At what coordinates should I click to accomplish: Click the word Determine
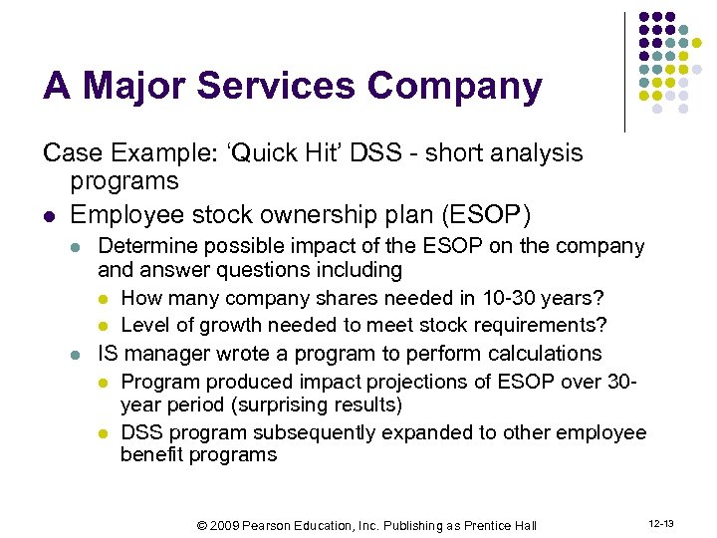[145, 246]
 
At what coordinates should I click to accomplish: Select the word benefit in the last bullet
[151, 455]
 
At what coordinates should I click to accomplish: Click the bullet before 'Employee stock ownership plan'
[49, 215]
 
